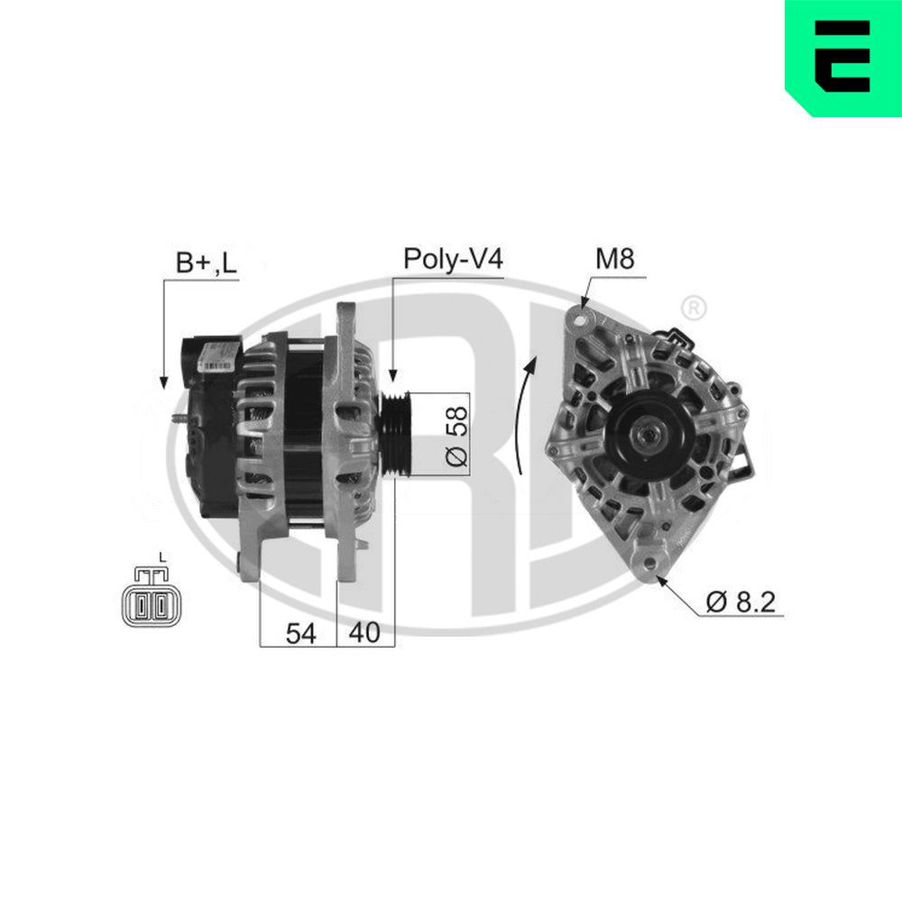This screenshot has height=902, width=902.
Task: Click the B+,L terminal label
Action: [x=206, y=262]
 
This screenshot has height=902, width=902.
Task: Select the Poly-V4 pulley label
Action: [x=452, y=259]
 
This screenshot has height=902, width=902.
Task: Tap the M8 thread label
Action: [x=614, y=259]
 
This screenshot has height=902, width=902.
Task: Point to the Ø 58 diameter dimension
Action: [x=457, y=435]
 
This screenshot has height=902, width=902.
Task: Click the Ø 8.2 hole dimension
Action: [x=741, y=601]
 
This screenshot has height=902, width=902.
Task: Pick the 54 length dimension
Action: [x=300, y=633]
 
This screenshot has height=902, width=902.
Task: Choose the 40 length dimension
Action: [x=364, y=633]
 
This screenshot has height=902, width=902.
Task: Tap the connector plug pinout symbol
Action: [x=151, y=602]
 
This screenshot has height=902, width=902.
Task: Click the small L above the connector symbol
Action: [x=160, y=557]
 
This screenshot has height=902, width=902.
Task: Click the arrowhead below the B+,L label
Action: [x=164, y=381]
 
